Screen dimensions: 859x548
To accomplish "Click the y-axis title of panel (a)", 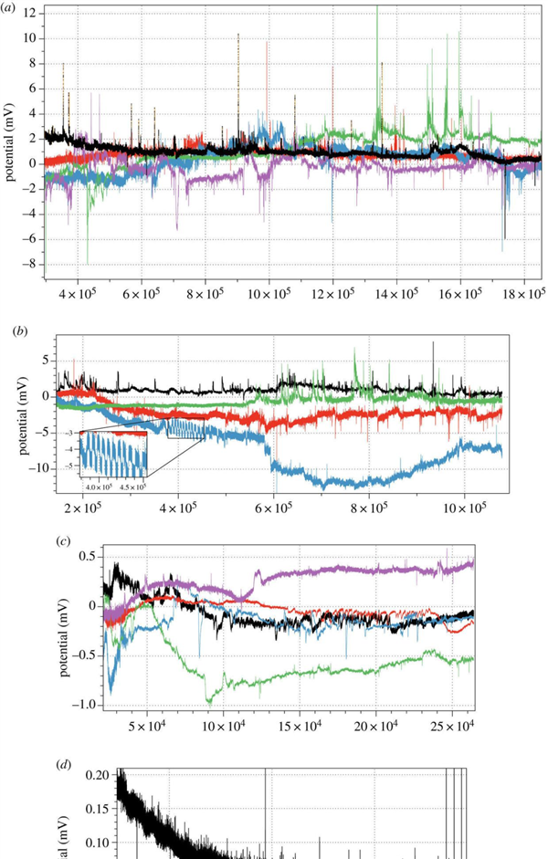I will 11,141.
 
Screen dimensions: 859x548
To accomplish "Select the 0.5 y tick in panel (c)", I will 88,557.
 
